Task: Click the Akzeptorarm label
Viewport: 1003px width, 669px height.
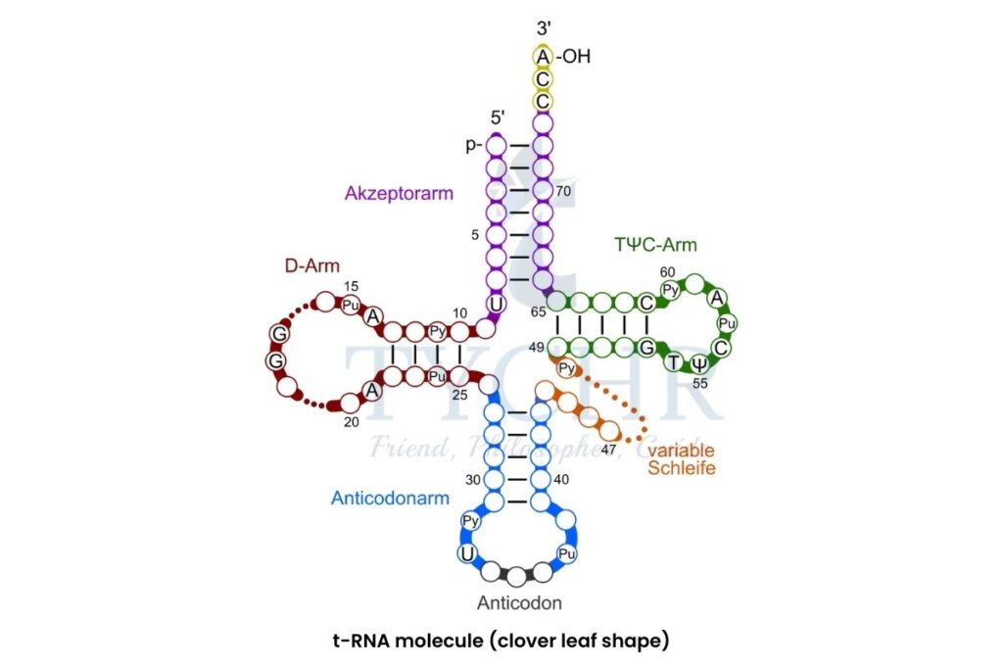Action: [x=399, y=193]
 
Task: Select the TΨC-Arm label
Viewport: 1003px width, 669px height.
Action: [x=655, y=245]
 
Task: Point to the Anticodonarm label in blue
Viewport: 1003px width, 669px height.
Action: [x=390, y=498]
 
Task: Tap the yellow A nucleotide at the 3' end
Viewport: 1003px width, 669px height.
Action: [x=543, y=57]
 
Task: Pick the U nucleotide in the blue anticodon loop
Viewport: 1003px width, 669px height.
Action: [x=468, y=555]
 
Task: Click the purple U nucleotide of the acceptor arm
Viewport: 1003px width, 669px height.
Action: [x=496, y=305]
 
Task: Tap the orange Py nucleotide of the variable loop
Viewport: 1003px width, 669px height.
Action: [x=566, y=369]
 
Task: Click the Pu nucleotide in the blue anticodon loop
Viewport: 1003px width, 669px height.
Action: [x=565, y=553]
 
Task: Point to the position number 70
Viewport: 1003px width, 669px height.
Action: [x=562, y=191]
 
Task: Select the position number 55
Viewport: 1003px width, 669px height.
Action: [x=699, y=383]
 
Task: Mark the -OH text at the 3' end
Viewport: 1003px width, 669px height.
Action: [x=573, y=57]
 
